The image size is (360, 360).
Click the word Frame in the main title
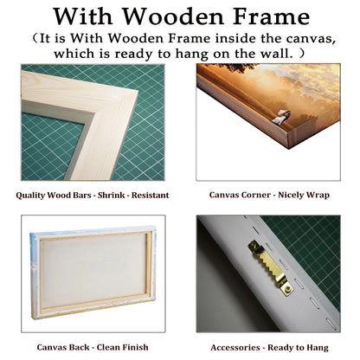coord(271,16)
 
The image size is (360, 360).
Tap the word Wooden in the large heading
coord(174,16)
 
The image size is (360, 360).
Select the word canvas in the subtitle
coord(311,39)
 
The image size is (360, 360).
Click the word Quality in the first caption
coord(30,196)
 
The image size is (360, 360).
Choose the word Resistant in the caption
coord(150,195)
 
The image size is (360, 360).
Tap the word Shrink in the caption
coord(112,195)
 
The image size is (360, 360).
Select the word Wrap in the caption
coord(318,196)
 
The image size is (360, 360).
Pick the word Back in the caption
coord(79,347)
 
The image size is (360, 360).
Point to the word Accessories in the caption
coord(235,348)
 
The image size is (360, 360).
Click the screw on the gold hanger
coord(286,290)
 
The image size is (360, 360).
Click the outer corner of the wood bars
coord(138,91)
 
